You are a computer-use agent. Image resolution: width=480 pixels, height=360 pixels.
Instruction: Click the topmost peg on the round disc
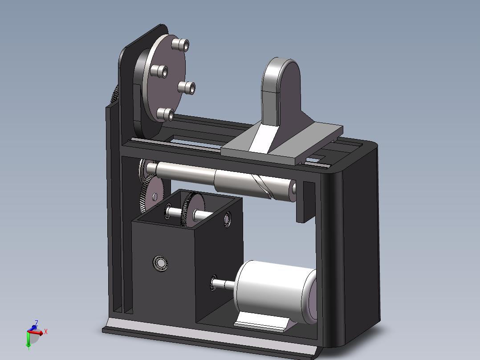point(180,45)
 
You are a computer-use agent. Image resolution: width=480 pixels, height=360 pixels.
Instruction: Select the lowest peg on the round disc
point(165,114)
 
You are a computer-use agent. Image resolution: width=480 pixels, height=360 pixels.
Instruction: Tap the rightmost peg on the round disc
point(187,88)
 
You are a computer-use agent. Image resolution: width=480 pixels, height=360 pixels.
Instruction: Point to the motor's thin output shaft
point(224,284)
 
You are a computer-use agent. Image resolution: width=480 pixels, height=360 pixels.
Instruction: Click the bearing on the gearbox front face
point(160,263)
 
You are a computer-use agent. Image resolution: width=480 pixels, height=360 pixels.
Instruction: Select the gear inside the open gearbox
point(193,210)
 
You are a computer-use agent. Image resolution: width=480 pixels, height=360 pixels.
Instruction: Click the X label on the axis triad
point(45,331)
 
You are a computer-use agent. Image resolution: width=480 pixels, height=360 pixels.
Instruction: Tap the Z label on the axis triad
point(37,323)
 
